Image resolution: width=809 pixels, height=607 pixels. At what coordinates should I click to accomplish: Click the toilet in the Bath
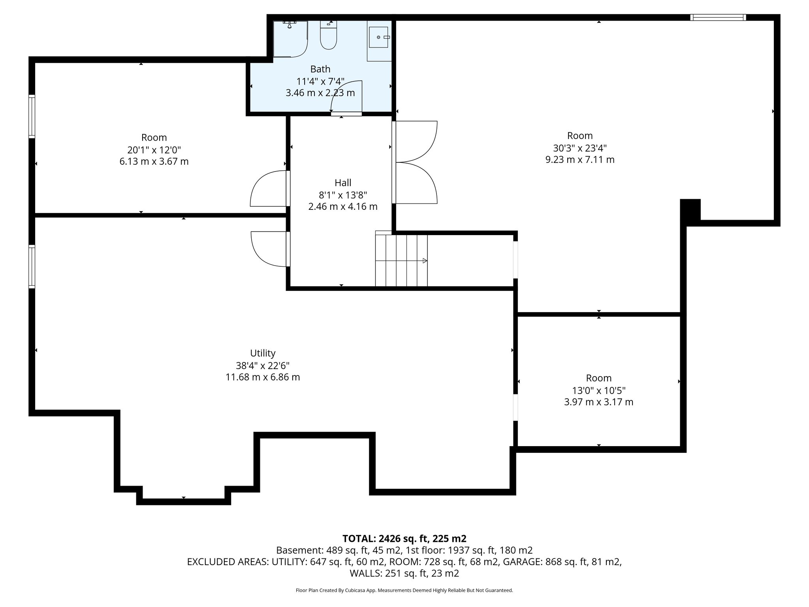click(x=328, y=38)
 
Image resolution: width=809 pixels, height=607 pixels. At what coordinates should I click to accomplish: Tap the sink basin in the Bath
click(x=378, y=37)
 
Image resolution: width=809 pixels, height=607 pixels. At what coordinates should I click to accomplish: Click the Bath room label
click(x=320, y=69)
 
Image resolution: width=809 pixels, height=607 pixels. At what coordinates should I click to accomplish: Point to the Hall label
click(x=342, y=183)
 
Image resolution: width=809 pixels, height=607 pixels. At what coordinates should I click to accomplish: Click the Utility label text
click(x=263, y=353)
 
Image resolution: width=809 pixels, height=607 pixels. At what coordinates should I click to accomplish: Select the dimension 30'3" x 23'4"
click(x=579, y=148)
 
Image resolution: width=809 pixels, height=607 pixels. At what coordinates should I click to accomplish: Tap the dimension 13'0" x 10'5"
click(x=598, y=390)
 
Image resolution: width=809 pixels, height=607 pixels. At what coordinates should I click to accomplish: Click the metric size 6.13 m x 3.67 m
click(x=154, y=162)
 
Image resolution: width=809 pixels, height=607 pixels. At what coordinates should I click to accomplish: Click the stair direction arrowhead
click(x=425, y=261)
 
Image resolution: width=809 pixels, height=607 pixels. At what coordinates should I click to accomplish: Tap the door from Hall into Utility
click(x=269, y=249)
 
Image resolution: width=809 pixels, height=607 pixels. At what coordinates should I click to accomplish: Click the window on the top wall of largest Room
click(x=718, y=17)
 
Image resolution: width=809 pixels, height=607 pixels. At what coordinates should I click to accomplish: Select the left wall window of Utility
click(x=32, y=266)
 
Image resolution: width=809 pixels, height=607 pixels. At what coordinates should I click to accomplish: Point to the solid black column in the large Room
click(x=690, y=210)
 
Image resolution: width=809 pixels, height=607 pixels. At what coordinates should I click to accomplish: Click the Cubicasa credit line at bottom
click(x=404, y=590)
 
